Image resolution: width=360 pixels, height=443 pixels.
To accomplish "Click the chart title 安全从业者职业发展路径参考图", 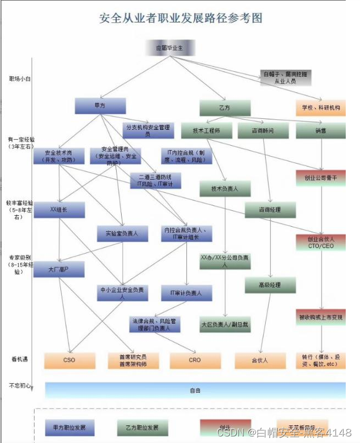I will click(x=180, y=18).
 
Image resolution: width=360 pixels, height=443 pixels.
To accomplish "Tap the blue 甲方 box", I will click(x=100, y=106).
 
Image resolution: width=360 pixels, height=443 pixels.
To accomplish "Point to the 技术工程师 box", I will click(x=206, y=131).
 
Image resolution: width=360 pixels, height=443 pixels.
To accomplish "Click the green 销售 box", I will click(x=321, y=131).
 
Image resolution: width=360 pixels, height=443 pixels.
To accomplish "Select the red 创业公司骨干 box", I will click(x=321, y=179).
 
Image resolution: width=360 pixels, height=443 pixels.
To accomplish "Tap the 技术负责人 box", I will click(x=224, y=189).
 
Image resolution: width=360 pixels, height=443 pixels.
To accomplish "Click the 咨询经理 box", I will click(x=270, y=210).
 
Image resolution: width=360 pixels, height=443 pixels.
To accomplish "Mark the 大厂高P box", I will click(x=59, y=269).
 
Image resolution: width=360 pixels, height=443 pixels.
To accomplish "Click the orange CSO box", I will click(x=70, y=360).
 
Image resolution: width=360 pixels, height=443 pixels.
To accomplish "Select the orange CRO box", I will click(x=195, y=360).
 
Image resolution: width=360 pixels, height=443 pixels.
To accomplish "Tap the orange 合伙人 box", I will click(x=260, y=360).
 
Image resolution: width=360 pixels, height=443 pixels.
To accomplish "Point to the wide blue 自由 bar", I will click(x=195, y=390).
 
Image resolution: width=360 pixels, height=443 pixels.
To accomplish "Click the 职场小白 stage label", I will click(x=20, y=79).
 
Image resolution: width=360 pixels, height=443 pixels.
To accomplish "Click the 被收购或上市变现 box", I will click(x=321, y=318).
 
